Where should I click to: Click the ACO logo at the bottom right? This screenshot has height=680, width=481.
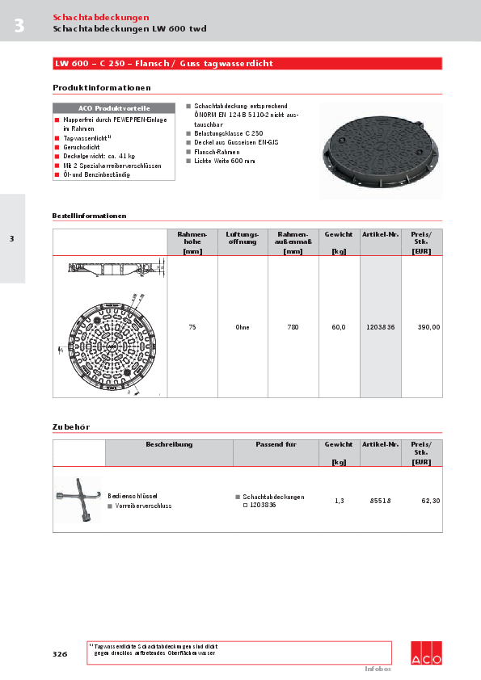[x=426, y=653]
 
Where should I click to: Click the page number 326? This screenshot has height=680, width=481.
[x=60, y=654]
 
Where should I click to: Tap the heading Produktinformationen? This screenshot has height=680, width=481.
[x=101, y=87]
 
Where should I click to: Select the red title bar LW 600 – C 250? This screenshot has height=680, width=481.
[x=247, y=63]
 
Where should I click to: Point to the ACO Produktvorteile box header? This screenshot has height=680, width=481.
[x=114, y=108]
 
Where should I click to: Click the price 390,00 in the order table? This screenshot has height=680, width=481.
[x=428, y=327]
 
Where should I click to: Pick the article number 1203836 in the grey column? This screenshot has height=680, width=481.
[x=381, y=327]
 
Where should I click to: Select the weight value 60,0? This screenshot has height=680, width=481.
[x=339, y=327]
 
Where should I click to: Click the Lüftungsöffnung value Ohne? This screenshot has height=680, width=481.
[x=242, y=327]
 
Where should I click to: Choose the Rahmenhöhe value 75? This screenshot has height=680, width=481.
[x=192, y=327]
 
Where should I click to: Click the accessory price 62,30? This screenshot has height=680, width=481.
[x=431, y=501]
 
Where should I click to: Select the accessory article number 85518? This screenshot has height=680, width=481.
[x=381, y=501]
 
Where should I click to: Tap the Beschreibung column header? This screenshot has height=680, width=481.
[x=169, y=445]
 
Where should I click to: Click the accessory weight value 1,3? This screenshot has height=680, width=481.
[x=340, y=501]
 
